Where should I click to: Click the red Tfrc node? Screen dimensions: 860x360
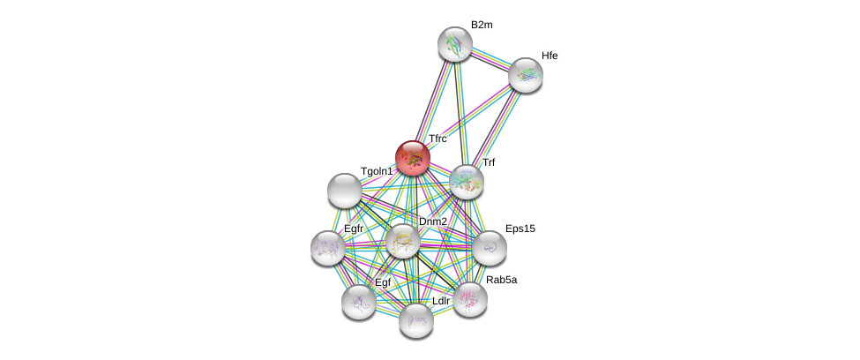(x=413, y=158)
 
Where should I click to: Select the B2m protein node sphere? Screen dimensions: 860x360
(x=455, y=44)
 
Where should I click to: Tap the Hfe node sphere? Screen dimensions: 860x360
(x=526, y=75)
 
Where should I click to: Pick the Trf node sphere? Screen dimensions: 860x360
(x=467, y=182)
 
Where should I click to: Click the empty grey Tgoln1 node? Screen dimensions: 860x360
(x=344, y=191)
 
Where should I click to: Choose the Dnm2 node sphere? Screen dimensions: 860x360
(x=403, y=241)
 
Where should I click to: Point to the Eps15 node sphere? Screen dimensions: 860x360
(x=489, y=248)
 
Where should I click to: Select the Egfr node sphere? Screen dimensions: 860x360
(x=328, y=248)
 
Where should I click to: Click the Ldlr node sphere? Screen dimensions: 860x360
(x=416, y=320)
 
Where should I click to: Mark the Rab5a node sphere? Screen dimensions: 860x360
(x=470, y=300)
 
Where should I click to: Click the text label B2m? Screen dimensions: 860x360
(x=482, y=26)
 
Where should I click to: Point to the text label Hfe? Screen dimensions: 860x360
(x=550, y=56)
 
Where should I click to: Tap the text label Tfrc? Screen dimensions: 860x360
(x=437, y=139)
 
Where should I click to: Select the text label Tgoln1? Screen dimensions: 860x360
(x=377, y=172)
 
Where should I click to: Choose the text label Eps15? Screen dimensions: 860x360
(x=520, y=229)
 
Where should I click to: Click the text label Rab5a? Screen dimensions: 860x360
(x=501, y=280)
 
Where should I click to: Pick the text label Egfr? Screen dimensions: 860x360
(x=353, y=229)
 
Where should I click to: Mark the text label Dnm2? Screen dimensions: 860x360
(x=433, y=221)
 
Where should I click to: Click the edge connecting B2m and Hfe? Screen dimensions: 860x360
(x=490, y=60)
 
